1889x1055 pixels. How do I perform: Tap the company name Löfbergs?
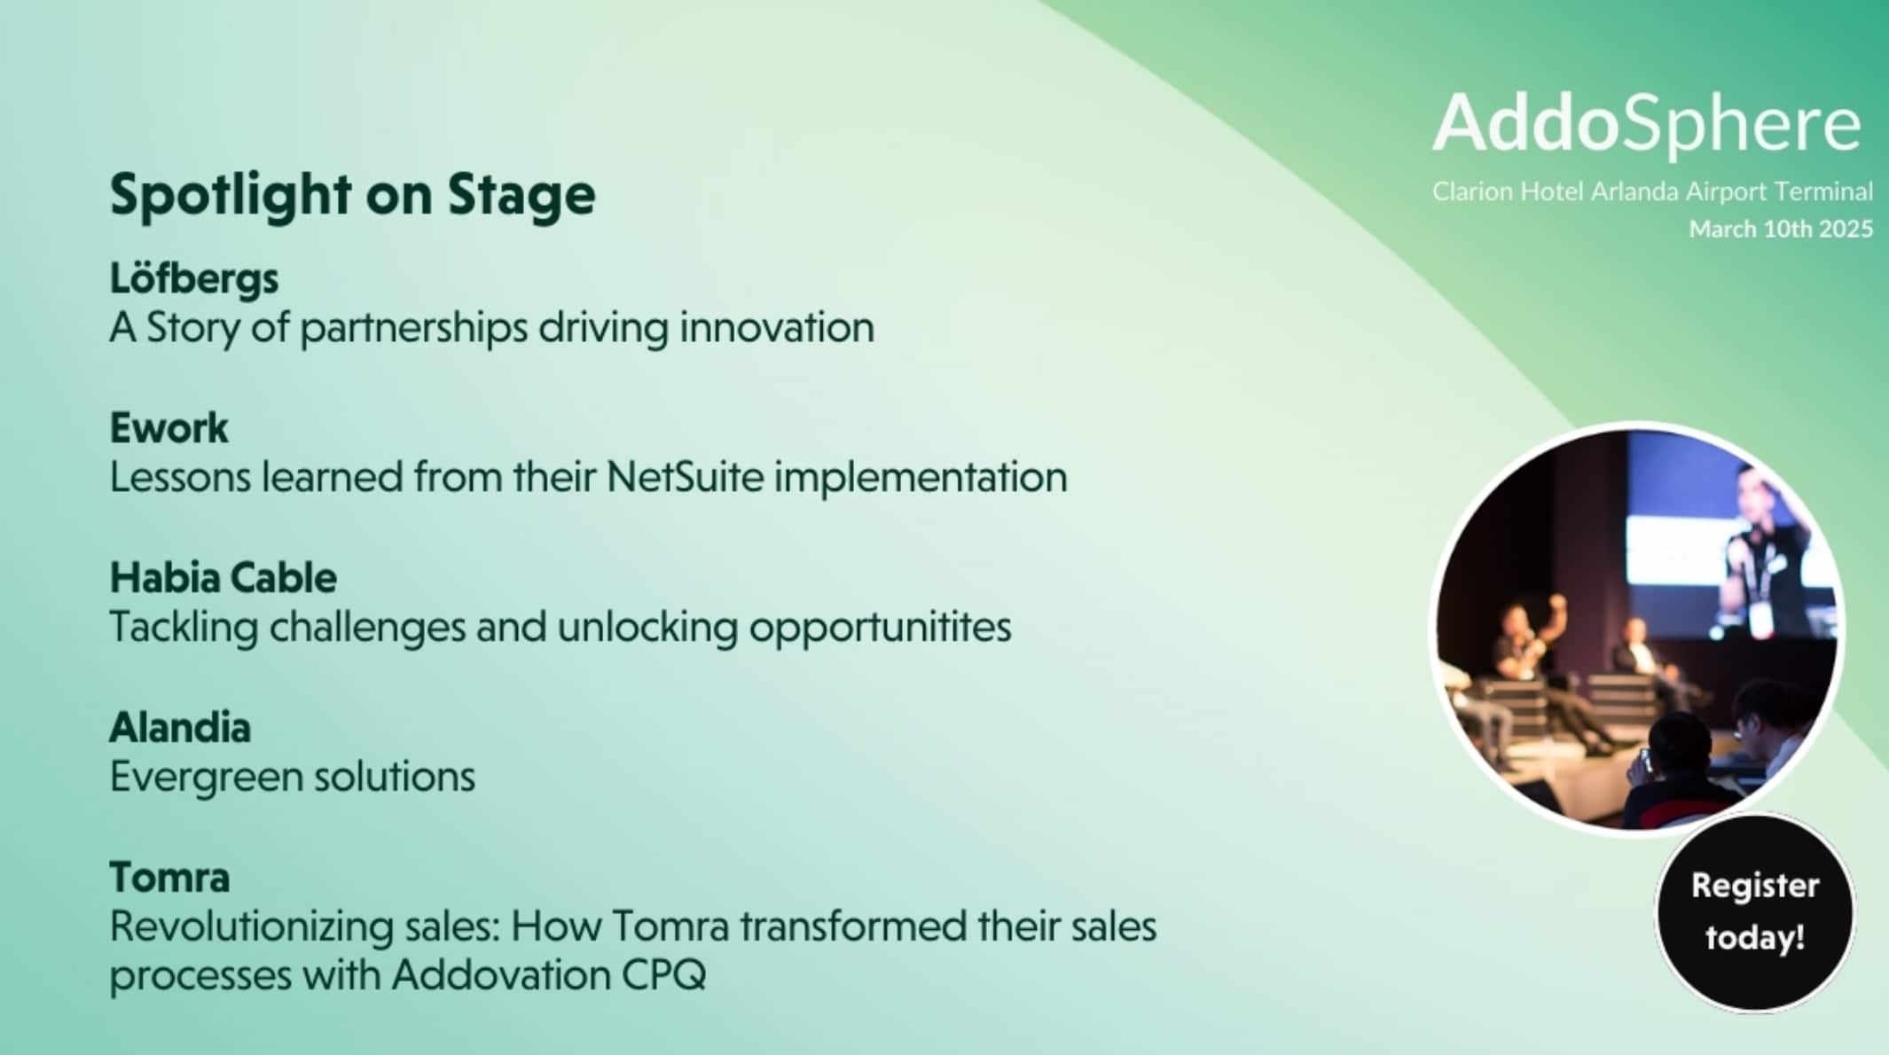(x=194, y=278)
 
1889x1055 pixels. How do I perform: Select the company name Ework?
(x=169, y=428)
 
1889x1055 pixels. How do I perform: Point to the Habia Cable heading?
(x=223, y=578)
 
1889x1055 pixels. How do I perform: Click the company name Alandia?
(x=180, y=728)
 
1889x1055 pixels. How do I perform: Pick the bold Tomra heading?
(x=169, y=878)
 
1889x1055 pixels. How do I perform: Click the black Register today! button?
(x=1755, y=912)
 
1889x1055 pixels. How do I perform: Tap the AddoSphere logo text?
(x=1647, y=123)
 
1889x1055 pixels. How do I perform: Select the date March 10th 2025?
(x=1781, y=230)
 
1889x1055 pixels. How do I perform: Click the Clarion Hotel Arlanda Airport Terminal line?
(x=1652, y=191)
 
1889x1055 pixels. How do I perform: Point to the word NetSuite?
(x=685, y=477)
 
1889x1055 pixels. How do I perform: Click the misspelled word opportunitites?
(x=880, y=629)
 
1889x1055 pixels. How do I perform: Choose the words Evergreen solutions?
(x=293, y=778)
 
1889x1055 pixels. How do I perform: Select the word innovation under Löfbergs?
(x=777, y=327)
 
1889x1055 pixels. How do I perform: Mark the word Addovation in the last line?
(x=500, y=975)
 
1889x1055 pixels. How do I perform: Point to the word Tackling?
(x=184, y=629)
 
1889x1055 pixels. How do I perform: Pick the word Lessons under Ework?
(x=180, y=477)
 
